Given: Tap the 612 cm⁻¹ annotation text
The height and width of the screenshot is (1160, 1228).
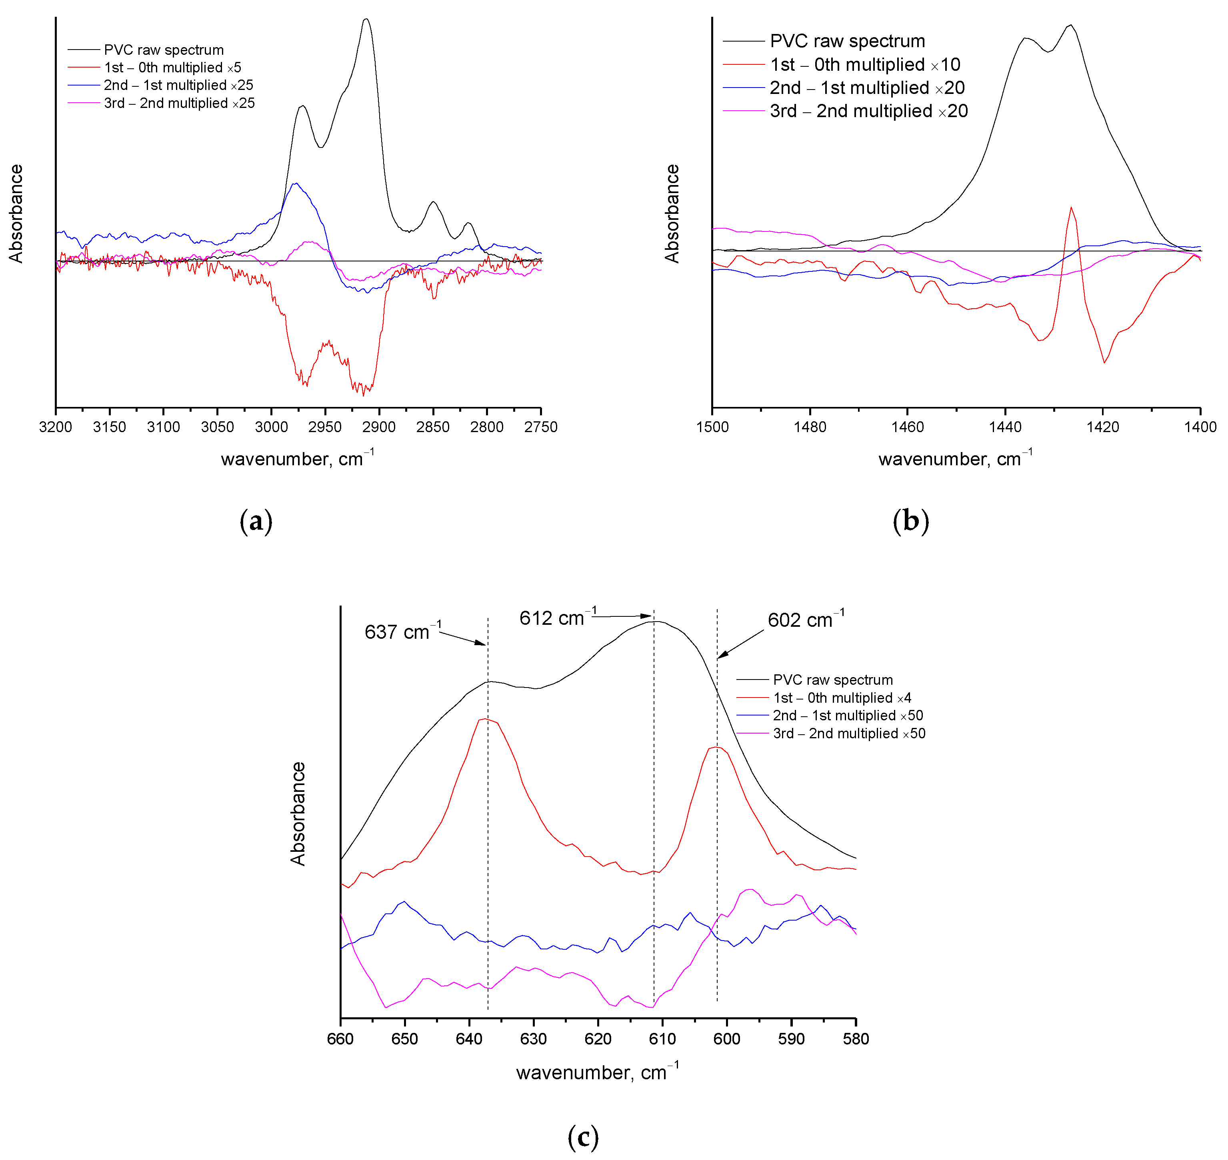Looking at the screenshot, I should click(x=557, y=618).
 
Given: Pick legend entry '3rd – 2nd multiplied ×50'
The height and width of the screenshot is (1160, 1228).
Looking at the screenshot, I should click(x=849, y=733).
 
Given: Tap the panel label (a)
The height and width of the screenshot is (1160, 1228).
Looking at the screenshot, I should click(x=256, y=521).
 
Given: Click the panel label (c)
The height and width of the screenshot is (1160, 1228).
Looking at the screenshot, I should click(x=583, y=1136).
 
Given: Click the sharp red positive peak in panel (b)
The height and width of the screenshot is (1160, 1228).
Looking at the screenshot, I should click(x=1071, y=208).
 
